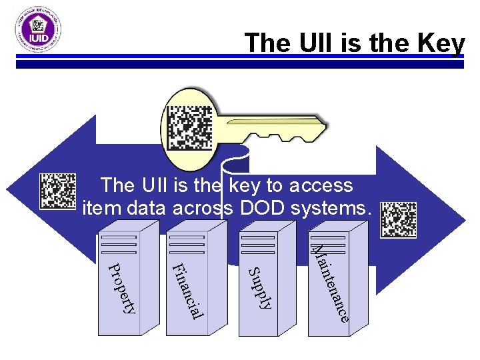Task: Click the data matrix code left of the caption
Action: [x=58, y=191]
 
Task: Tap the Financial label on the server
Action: [x=187, y=291]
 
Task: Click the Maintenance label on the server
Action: [x=331, y=284]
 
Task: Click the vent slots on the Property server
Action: [x=118, y=245]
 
